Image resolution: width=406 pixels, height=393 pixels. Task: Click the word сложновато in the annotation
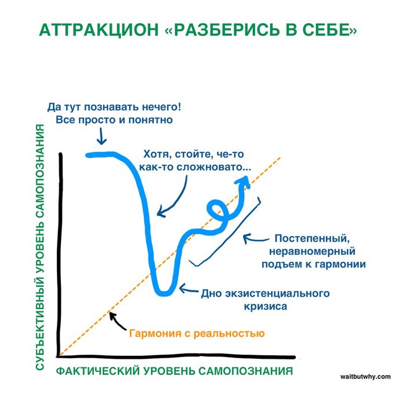click(x=219, y=167)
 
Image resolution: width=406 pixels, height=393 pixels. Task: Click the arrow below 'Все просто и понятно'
click(x=101, y=137)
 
